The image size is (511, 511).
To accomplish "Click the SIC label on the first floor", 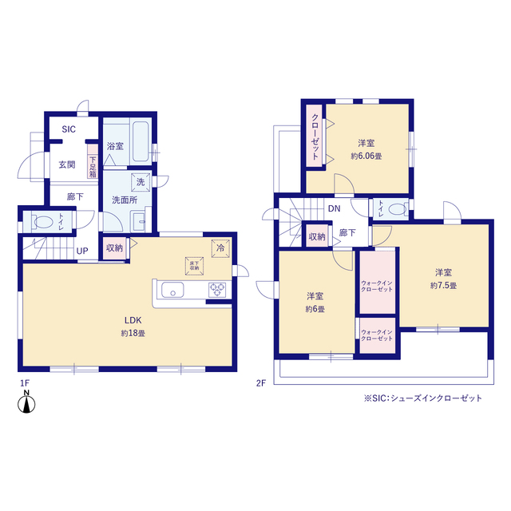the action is (69, 129).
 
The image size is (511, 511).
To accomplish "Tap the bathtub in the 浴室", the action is (141, 141).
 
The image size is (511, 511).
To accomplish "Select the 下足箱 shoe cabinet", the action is (93, 161).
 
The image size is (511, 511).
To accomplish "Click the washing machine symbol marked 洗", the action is (141, 182).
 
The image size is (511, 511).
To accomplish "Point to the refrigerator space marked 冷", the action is (220, 248).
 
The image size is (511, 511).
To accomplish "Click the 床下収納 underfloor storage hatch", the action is (194, 266).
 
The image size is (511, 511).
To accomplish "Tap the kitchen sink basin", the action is (172, 290).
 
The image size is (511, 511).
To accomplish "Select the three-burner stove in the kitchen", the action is (217, 289).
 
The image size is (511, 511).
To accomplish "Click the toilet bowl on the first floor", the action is (43, 222).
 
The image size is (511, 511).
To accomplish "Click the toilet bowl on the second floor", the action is (398, 208).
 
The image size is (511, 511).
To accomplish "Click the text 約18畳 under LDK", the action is (133, 334).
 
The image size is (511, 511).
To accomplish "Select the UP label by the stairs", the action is (82, 251).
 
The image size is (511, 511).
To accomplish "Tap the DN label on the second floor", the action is (334, 208).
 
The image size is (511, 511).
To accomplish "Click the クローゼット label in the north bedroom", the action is (315, 137).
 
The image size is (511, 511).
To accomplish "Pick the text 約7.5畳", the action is (443, 286).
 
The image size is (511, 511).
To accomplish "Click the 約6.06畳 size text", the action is (366, 156).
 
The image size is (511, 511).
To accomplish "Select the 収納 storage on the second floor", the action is (317, 236).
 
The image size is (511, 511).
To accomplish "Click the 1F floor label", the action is (25, 383).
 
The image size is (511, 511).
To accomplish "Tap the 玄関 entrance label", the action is (67, 164).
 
